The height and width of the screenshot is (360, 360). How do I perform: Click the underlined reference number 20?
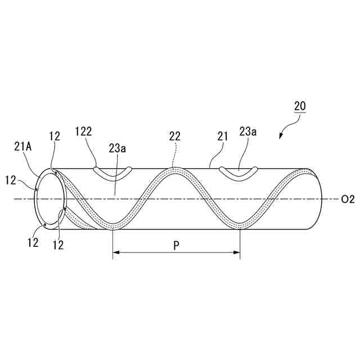tap(300, 105)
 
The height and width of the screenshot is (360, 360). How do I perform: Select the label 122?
tap(83, 132)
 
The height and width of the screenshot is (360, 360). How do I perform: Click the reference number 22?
tap(174, 136)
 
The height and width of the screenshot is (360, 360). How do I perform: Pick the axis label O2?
tap(348, 199)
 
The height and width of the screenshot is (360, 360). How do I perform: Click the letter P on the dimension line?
tap(177, 246)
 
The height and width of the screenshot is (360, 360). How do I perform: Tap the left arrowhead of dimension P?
tap(116, 254)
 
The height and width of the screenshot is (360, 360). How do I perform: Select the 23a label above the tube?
tap(247, 132)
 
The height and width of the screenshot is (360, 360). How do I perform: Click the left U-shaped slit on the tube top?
tap(113, 173)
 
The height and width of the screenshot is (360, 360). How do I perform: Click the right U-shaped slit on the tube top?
tap(239, 173)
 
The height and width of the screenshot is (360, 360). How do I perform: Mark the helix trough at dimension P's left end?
tap(113, 227)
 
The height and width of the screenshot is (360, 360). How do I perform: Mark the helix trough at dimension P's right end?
tap(240, 227)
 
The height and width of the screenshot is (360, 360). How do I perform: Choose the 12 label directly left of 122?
tap(55, 136)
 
